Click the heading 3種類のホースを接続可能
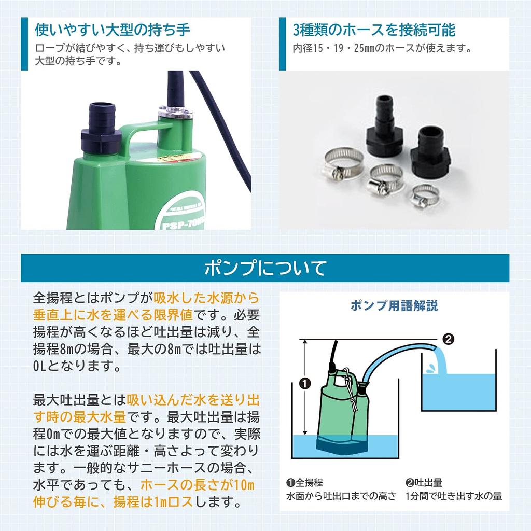pos(374,30)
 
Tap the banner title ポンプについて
pos(265,268)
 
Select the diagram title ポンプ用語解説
pos(394,305)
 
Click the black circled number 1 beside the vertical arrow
pos(305,384)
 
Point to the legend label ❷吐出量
pos(424,483)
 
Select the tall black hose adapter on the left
pos(384,127)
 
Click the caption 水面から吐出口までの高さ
pos(341,496)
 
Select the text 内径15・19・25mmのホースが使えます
pos(382,49)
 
